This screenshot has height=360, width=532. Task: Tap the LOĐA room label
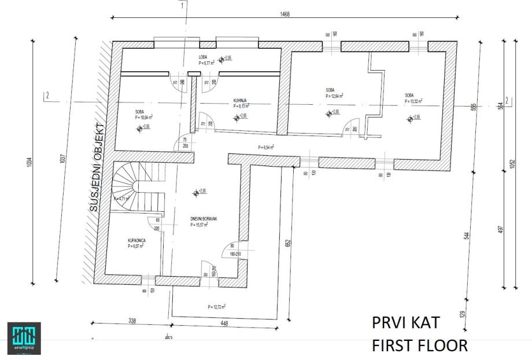pos(203,57)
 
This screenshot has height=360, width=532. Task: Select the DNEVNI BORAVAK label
pos(202,219)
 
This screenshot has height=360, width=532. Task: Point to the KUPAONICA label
pos(136,240)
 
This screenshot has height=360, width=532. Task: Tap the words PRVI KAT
pos(406,322)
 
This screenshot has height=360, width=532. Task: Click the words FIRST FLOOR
pos(419,346)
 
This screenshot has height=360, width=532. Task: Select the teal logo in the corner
pos(23,336)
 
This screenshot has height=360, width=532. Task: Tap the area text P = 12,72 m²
pos(216,306)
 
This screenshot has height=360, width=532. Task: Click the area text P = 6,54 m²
pos(265,147)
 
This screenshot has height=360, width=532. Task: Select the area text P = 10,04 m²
pos(143,116)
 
